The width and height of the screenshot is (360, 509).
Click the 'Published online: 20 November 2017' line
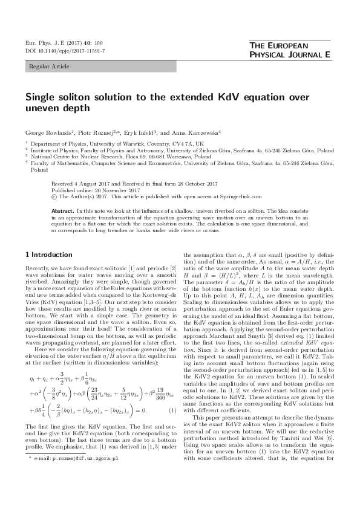coord(85,189)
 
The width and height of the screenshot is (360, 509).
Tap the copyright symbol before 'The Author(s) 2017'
coord(54,195)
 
